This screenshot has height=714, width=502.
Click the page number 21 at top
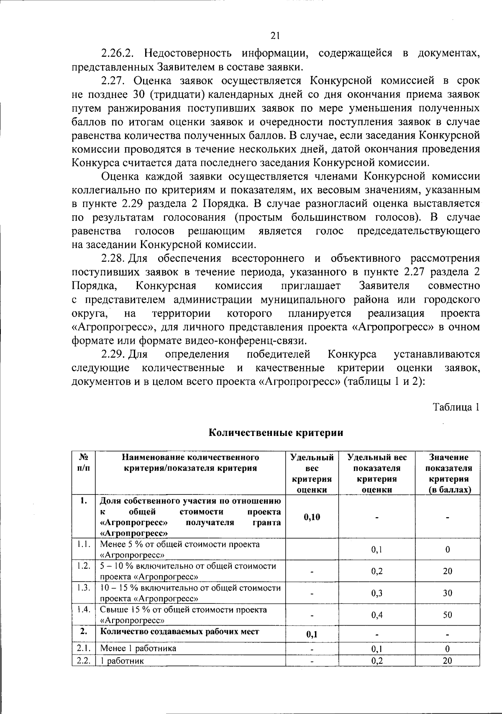click(275, 36)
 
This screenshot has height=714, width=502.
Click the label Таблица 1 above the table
click(456, 407)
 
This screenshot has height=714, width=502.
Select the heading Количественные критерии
click(276, 433)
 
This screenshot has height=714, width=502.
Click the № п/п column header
click(84, 462)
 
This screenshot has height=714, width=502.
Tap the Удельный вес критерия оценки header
click(312, 473)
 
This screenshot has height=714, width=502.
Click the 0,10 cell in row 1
click(312, 517)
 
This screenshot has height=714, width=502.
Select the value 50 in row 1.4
click(448, 615)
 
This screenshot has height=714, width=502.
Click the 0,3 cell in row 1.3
click(377, 593)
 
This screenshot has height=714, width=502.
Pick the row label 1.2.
click(84, 566)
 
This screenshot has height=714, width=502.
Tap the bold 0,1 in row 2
click(312, 634)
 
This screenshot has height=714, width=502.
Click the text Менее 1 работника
click(138, 648)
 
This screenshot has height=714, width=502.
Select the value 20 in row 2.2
click(448, 660)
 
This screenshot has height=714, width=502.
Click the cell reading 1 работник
click(123, 661)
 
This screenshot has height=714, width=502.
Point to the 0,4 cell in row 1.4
click(377, 615)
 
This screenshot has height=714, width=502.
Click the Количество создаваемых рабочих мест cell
click(180, 632)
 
